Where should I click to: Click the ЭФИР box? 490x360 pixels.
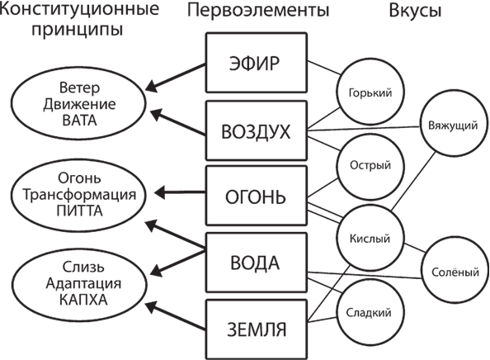click(x=255, y=64)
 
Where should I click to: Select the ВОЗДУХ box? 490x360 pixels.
click(x=255, y=131)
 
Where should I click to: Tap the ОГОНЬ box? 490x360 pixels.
click(x=255, y=198)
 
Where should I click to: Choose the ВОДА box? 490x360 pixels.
click(x=255, y=264)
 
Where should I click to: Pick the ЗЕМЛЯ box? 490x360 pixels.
click(x=255, y=330)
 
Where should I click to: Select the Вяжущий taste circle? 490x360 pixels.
click(x=451, y=126)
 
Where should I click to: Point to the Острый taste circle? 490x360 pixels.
click(x=365, y=165)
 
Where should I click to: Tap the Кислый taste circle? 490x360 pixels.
click(x=365, y=239)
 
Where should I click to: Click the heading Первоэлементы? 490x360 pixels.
click(x=256, y=11)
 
